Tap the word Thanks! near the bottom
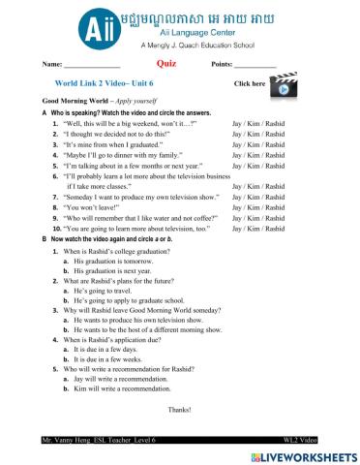point(180,410)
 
